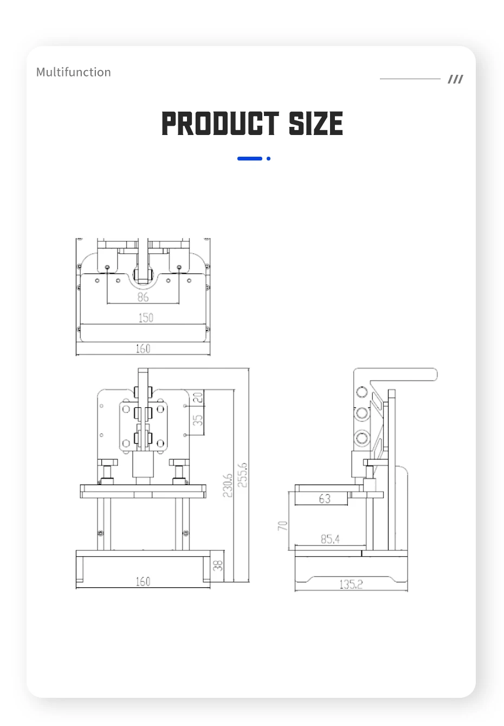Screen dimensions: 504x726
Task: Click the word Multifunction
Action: (73, 72)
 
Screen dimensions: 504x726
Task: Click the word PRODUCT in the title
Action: (220, 123)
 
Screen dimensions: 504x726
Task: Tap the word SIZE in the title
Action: (315, 123)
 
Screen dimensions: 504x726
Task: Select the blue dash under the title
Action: (249, 158)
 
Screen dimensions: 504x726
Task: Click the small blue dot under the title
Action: (268, 158)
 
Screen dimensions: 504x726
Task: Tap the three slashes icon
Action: (455, 79)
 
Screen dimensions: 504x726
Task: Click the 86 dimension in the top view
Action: (143, 297)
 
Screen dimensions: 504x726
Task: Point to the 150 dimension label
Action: (146, 318)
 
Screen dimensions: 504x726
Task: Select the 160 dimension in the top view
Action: (143, 349)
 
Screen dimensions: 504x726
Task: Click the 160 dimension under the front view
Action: (143, 581)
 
